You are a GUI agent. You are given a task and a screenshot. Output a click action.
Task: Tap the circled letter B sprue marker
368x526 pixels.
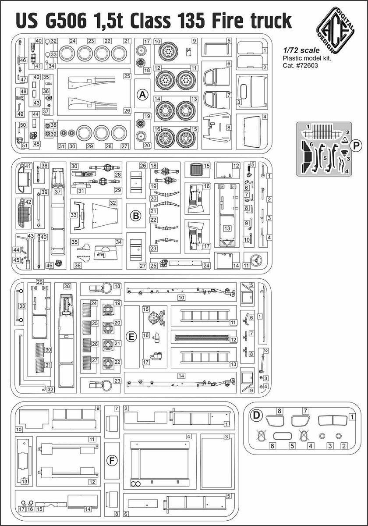point(136,216)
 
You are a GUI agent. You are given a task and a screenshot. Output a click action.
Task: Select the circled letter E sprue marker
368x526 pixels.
point(130,337)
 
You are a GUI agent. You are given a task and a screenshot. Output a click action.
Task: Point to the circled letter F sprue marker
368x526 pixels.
point(112,461)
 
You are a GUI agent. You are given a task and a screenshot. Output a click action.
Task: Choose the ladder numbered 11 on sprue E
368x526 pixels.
point(203,315)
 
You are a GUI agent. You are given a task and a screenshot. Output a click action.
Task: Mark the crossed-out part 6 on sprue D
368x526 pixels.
point(262,436)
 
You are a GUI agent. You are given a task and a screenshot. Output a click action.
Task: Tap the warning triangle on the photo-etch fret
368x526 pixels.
point(345,139)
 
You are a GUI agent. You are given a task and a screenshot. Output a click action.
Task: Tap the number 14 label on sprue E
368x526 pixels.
point(181,376)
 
